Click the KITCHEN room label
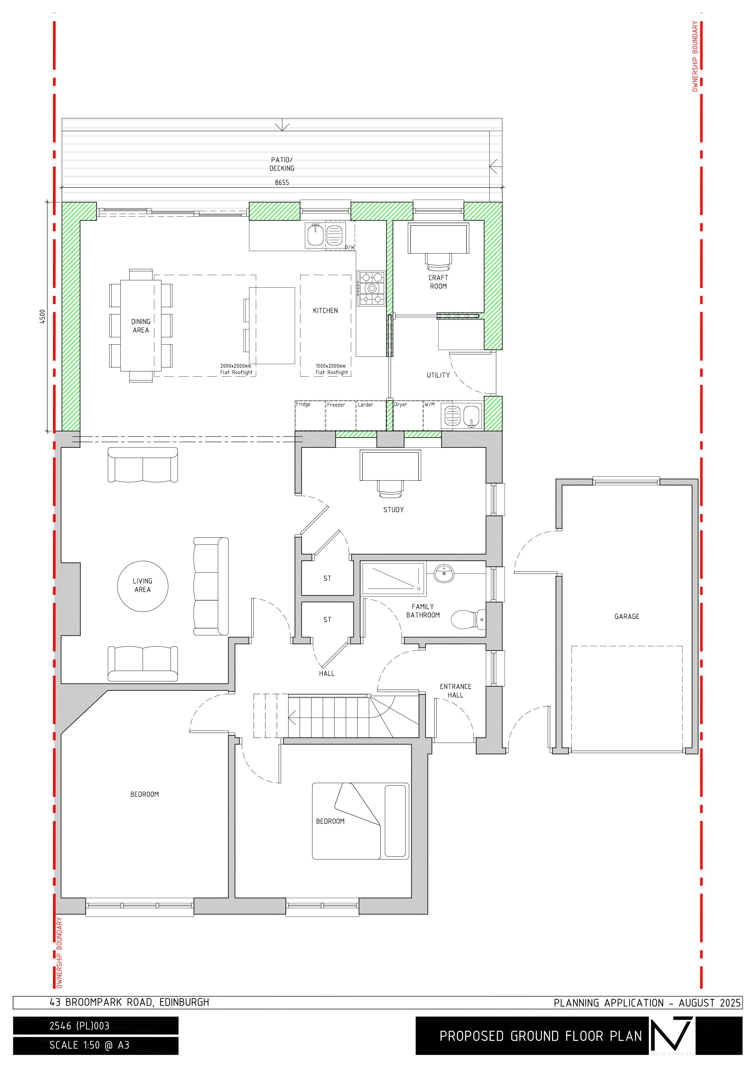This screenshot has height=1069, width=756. coord(325,311)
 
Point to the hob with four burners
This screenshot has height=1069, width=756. coord(371,289)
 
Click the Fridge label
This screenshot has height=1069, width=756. coord(303,404)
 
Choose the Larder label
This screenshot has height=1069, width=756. coord(365,405)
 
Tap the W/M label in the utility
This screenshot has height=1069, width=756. coord(429,404)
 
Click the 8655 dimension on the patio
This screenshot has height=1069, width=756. coord(282,182)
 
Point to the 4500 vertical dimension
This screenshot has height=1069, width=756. coord(42,317)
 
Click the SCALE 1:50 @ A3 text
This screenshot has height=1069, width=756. coord(90,1045)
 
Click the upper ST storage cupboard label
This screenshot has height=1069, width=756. coord(327,578)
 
